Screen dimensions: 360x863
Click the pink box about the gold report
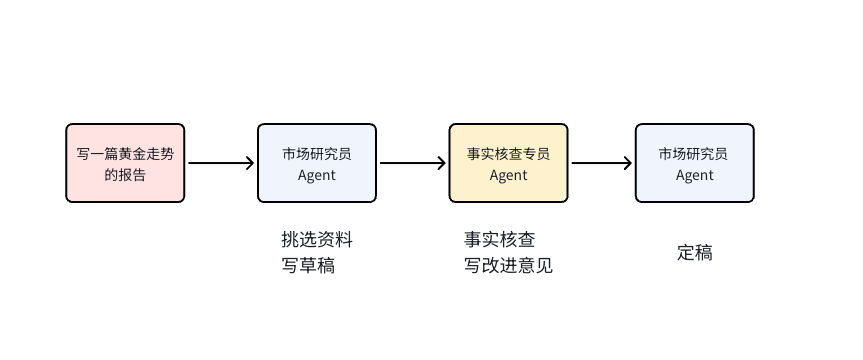point(125,163)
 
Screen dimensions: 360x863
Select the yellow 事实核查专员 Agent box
point(508,163)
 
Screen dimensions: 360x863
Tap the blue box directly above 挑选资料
point(317,163)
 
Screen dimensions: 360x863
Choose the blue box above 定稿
point(694,163)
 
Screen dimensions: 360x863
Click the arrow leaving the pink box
point(221,163)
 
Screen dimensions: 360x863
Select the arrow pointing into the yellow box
point(412,163)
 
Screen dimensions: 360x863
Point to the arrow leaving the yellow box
point(601,163)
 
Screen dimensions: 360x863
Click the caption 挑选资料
point(317,240)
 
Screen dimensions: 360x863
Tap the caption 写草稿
point(308,266)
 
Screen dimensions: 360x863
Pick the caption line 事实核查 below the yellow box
point(499,240)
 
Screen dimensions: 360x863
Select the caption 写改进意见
point(508,266)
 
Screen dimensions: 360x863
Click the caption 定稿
point(694,253)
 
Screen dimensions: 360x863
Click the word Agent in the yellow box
point(508,175)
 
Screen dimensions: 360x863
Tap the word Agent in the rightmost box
point(694,175)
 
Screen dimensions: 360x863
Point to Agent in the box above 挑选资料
point(317,175)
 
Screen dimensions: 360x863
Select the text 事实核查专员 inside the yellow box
point(508,154)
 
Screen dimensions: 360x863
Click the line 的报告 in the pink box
point(125,175)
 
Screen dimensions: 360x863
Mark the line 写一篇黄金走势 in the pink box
point(125,154)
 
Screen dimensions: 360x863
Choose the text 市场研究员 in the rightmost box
point(694,154)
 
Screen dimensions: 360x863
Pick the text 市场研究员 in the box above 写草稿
point(317,154)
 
